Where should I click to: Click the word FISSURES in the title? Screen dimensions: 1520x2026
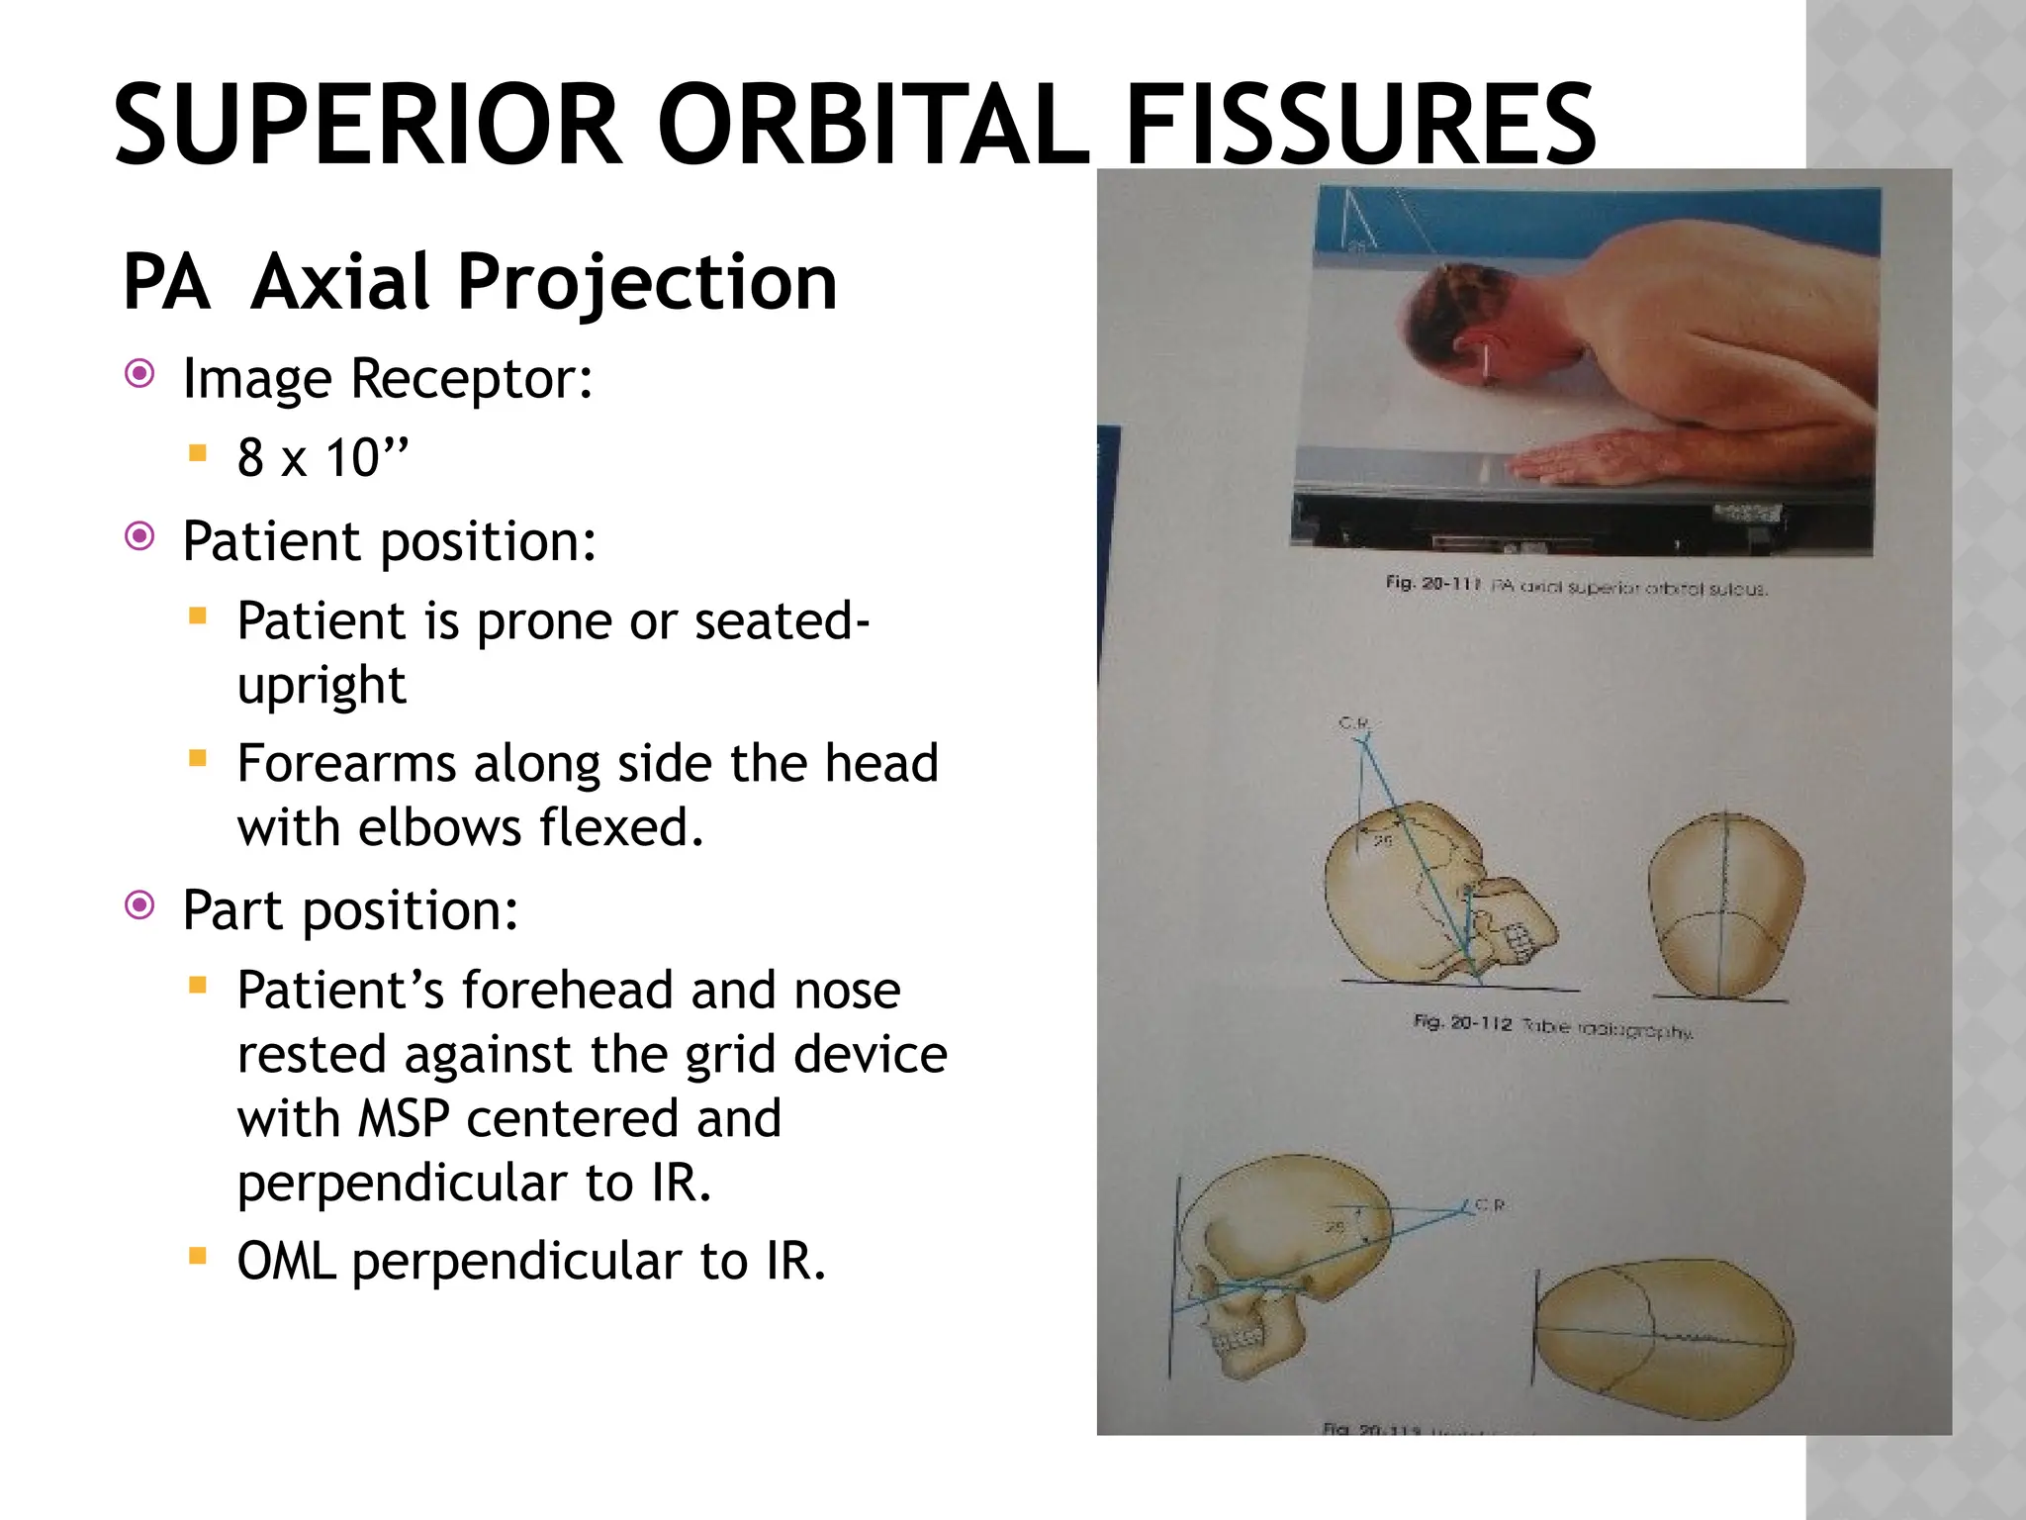pyautogui.click(x=1360, y=127)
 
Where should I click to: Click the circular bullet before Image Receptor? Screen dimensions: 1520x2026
pyautogui.click(x=140, y=374)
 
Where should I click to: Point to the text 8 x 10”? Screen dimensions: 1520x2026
pyautogui.click(x=322, y=458)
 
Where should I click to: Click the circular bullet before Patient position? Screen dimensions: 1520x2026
pyautogui.click(x=140, y=537)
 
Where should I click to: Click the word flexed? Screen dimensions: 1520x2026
pyautogui.click(x=620, y=827)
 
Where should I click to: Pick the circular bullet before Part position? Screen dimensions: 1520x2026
pyautogui.click(x=140, y=905)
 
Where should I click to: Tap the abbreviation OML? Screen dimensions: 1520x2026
pyautogui.click(x=286, y=1262)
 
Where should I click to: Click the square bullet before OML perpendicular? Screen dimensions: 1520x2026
pyautogui.click(x=198, y=1257)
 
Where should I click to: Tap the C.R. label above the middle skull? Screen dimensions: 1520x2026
pyautogui.click(x=1354, y=724)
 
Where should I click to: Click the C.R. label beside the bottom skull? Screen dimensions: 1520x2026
pyautogui.click(x=1490, y=1205)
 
